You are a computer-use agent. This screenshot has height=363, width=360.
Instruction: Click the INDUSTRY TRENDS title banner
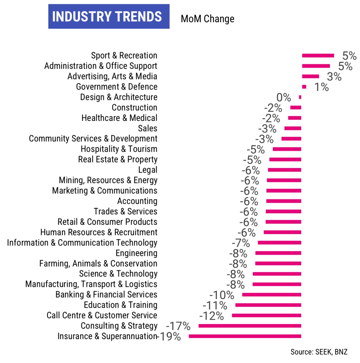pyautogui.click(x=109, y=16)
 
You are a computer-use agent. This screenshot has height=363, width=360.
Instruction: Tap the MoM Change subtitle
pyautogui.click(x=207, y=19)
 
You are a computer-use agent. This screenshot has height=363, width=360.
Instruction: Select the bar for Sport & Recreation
pyautogui.click(x=318, y=55)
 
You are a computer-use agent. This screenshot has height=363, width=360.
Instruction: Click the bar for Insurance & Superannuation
pyautogui.click(x=245, y=336)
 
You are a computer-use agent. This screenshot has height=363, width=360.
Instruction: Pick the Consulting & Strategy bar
pyautogui.click(x=250, y=326)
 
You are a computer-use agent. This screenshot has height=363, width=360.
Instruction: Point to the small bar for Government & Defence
pyautogui.click(x=304, y=87)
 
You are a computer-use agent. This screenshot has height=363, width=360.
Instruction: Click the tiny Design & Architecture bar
pyautogui.click(x=300, y=97)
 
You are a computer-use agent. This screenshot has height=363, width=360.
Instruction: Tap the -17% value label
pyautogui.click(x=178, y=326)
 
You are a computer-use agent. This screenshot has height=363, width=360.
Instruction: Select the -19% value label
pyautogui.click(x=169, y=336)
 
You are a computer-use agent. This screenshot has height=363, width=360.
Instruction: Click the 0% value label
pyautogui.click(x=283, y=97)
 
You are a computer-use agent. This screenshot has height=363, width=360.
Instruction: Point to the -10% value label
pyautogui.click(x=222, y=295)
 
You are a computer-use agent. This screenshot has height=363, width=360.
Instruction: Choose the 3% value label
pyautogui.click(x=334, y=77)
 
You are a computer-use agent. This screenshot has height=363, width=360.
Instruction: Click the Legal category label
pyautogui.click(x=147, y=170)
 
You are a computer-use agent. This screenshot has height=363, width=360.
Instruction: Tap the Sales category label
pyautogui.click(x=147, y=128)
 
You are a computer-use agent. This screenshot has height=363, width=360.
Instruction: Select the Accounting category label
pyautogui.click(x=137, y=201)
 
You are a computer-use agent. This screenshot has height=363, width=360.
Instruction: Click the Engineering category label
pyautogui.click(x=136, y=253)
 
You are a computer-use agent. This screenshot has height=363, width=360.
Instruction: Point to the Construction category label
pyautogui.click(x=134, y=108)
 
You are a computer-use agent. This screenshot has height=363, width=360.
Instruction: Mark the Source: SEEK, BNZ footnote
pyautogui.click(x=319, y=352)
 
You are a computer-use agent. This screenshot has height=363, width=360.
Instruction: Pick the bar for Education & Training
pyautogui.click(x=268, y=305)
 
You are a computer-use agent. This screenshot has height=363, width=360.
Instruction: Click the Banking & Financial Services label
pyautogui.click(x=106, y=295)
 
